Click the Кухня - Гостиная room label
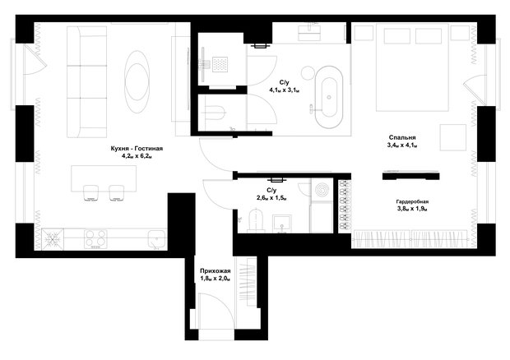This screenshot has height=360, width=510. [137, 149]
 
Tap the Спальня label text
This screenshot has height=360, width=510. [402, 138]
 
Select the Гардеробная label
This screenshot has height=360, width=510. [412, 201]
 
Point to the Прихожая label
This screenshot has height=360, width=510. [216, 271]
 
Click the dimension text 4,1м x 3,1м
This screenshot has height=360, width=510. [284, 90]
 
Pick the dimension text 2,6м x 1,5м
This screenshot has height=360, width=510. [271, 197]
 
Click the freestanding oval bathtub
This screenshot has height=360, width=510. [328, 97]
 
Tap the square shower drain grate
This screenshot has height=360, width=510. [220, 64]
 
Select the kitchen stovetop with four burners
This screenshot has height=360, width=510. [95, 239]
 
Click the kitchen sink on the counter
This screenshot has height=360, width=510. [157, 240]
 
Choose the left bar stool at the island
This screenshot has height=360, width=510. [91, 193]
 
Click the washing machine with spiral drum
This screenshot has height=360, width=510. [321, 189]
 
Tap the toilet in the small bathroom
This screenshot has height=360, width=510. [257, 220]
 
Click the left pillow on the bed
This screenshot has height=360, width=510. [396, 36]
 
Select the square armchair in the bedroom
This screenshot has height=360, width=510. [453, 137]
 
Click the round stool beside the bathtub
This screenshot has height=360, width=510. [308, 72]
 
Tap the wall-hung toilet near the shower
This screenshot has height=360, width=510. [215, 112]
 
